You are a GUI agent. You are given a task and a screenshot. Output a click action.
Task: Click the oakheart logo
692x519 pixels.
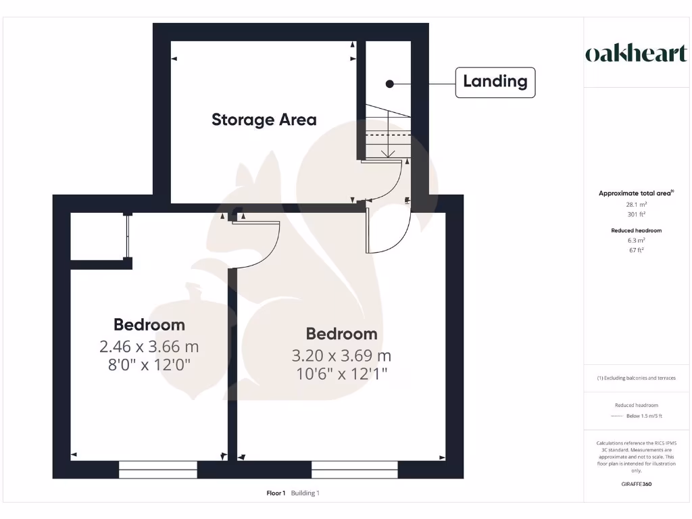coord(636,54)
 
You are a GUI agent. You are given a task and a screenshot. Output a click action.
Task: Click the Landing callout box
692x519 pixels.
coord(495,82)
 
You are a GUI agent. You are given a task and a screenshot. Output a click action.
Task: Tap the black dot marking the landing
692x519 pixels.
coord(389,84)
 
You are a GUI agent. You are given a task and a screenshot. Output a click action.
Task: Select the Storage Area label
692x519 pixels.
coord(264,120)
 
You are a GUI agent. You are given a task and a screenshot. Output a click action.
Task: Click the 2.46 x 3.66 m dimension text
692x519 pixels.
coord(149,347)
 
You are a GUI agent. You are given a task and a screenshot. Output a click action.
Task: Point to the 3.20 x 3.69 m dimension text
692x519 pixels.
coord(341,355)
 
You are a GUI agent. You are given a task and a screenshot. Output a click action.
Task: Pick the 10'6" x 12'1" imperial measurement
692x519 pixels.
coord(341,373)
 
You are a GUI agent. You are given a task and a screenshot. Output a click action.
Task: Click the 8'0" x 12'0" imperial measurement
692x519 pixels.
coord(149,365)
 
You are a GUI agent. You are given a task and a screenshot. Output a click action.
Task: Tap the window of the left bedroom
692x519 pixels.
coord(158,469)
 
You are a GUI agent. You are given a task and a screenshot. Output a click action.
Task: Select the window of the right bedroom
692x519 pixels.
coord(354,469)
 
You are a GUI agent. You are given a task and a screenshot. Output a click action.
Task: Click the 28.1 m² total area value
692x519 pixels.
coord(636,203)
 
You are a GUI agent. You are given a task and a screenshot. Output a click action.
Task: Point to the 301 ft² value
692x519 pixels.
coord(636,214)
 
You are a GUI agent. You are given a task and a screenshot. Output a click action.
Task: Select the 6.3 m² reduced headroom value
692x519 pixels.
coord(636,240)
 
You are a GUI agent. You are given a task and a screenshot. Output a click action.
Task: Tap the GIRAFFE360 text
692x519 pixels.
coord(636,484)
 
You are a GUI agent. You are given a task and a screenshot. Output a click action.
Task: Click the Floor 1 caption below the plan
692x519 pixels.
coord(276,493)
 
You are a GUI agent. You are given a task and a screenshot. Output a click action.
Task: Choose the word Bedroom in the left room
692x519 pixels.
coord(149,325)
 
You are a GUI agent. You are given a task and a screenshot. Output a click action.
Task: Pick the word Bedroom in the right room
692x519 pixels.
coord(341,334)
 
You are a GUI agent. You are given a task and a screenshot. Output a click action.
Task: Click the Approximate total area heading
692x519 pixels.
coord(635,193)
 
